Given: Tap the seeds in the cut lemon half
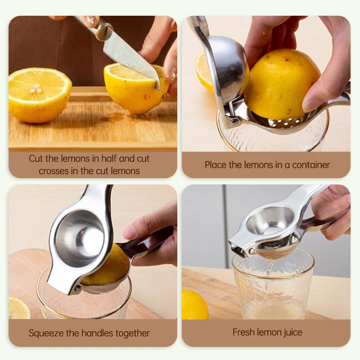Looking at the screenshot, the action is click(36, 89).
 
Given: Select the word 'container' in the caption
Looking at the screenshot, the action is click(311, 165).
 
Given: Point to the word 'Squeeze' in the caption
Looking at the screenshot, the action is click(46, 333).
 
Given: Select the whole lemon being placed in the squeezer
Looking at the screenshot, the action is click(281, 84).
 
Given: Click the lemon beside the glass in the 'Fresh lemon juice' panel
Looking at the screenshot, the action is click(195, 305).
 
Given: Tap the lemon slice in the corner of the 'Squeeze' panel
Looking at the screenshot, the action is click(19, 308).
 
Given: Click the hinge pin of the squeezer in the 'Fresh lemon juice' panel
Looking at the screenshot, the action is click(252, 252).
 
